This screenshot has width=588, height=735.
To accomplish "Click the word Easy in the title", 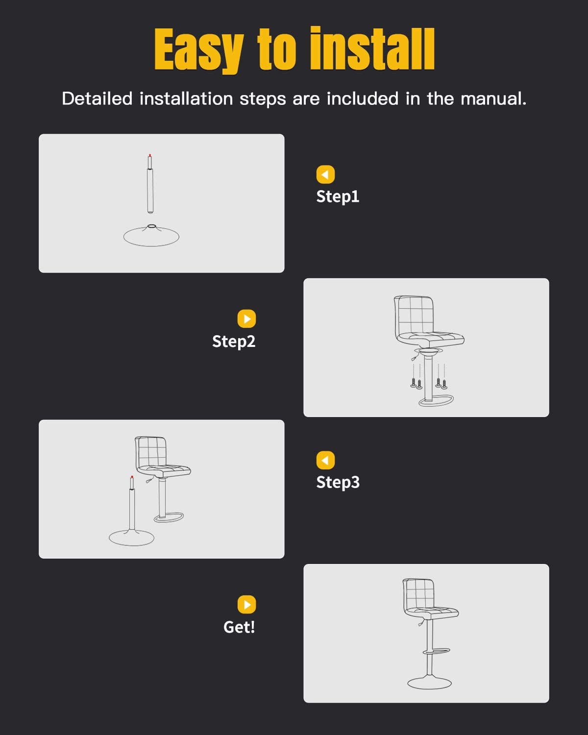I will click(x=198, y=50).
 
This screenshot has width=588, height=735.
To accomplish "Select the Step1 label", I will click(x=338, y=196).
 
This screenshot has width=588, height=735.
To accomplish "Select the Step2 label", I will click(x=234, y=342).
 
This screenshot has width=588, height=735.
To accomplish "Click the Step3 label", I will click(x=338, y=482).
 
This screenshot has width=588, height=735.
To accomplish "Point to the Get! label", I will click(x=239, y=627).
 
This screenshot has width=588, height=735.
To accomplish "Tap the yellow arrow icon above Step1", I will click(x=325, y=174).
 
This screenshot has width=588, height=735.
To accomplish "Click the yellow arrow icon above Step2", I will click(x=246, y=319).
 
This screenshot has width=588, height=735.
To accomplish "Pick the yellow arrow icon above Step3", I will click(x=325, y=461).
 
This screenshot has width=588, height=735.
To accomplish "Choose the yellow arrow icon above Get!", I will click(x=246, y=605).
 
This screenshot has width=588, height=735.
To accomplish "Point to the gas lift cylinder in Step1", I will click(x=150, y=189).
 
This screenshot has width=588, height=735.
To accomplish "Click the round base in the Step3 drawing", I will click(x=131, y=538).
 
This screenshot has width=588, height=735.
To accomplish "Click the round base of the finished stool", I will click(x=429, y=682).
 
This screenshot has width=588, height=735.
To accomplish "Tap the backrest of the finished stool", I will click(x=418, y=593).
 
